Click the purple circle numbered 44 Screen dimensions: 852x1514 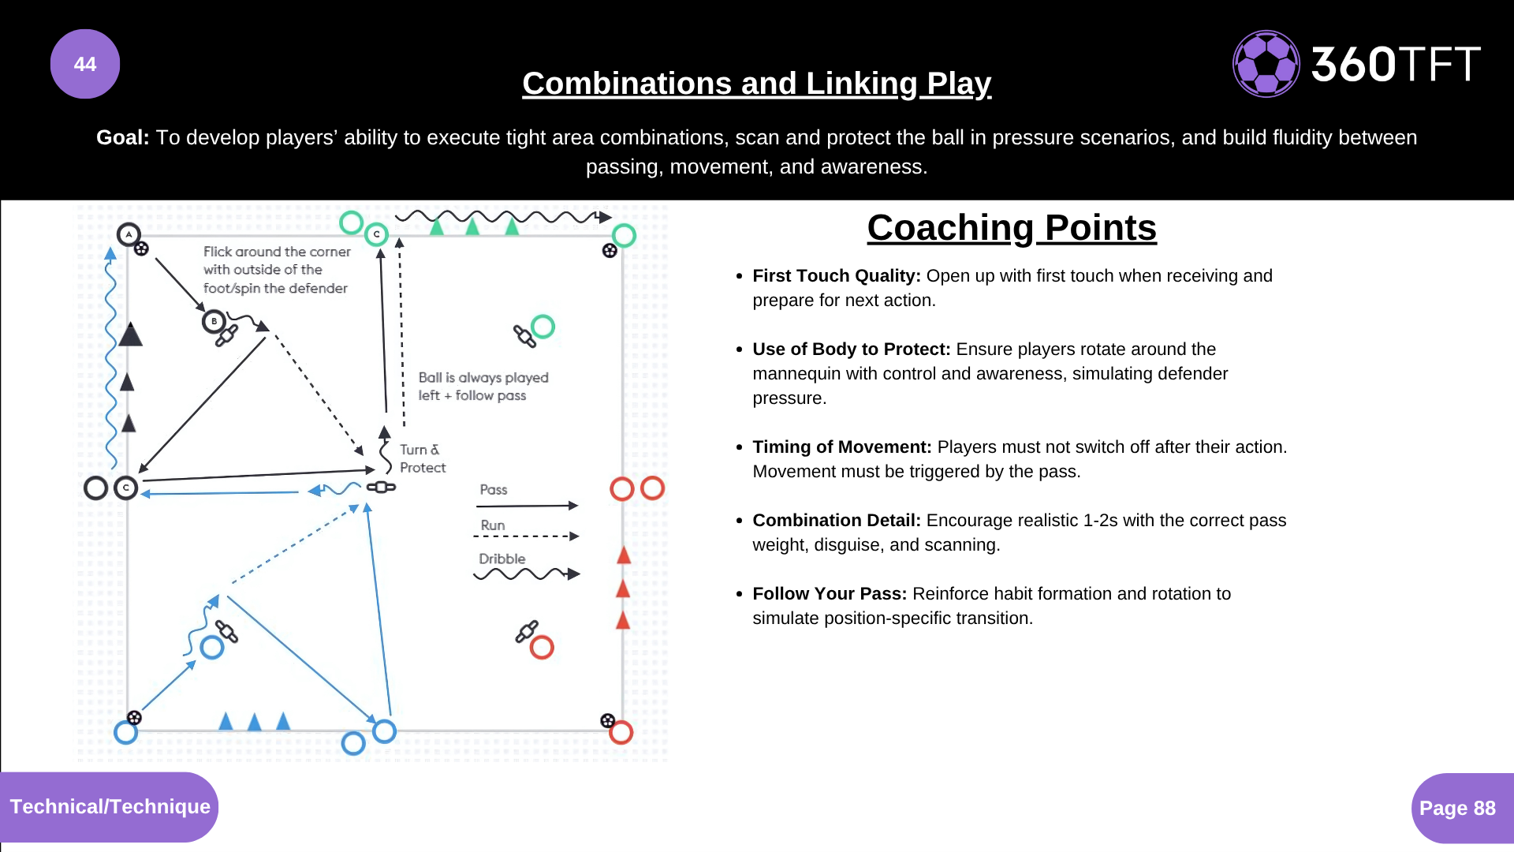(85, 64)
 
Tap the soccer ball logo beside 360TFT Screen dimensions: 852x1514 (1266, 64)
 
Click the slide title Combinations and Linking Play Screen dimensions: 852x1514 (756, 84)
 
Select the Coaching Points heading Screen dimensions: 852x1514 (1012, 228)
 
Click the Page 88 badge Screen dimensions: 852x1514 (1458, 808)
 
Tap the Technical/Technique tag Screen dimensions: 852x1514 (110, 806)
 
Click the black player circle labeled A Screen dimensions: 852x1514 (129, 234)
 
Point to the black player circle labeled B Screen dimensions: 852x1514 (214, 322)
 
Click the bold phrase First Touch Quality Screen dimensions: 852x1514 (836, 276)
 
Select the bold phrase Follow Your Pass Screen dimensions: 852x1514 (830, 594)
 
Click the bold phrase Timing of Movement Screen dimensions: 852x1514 (841, 447)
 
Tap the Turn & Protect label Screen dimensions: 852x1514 (422, 458)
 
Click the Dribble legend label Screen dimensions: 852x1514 (502, 559)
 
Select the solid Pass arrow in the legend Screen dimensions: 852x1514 (527, 506)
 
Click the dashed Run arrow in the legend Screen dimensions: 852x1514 (526, 536)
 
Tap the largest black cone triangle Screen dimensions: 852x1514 (130, 334)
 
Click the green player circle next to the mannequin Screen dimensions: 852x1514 (543, 326)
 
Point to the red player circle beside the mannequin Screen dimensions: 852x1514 (542, 648)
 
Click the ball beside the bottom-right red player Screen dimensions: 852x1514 (607, 720)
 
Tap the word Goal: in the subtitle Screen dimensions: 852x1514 (123, 138)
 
